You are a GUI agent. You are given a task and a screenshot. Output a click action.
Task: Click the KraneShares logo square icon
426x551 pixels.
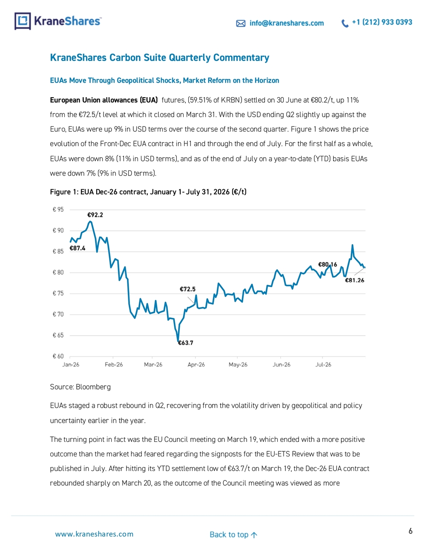click(x=23, y=21)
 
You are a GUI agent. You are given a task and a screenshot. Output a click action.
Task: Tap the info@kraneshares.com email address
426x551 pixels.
click(x=286, y=23)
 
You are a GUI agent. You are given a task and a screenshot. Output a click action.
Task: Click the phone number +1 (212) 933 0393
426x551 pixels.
click(x=382, y=22)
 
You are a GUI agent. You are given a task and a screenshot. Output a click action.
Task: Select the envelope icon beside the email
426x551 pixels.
click(x=241, y=23)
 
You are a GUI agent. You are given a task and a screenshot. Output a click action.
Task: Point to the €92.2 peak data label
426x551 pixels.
click(x=95, y=215)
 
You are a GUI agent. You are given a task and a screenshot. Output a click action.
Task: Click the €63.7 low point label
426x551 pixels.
click(x=185, y=343)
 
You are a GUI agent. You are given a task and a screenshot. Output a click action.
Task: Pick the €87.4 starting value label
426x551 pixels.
click(x=77, y=248)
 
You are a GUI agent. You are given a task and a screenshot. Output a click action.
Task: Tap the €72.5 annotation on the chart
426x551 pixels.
click(x=187, y=289)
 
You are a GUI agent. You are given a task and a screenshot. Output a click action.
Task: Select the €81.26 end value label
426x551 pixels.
click(x=354, y=280)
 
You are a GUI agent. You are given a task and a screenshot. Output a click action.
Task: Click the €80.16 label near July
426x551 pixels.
click(x=328, y=265)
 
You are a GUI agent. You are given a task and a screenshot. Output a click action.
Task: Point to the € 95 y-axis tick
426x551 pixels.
click(x=58, y=209)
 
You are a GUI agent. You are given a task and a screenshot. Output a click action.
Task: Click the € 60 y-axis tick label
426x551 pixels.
click(x=58, y=356)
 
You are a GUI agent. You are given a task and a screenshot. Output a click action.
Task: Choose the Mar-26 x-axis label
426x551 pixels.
click(x=153, y=365)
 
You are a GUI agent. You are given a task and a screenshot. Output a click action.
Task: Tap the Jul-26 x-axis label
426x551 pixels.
click(x=323, y=365)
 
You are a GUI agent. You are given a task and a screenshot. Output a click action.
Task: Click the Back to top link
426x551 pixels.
click(x=233, y=534)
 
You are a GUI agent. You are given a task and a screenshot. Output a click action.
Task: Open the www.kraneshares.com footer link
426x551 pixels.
click(x=94, y=534)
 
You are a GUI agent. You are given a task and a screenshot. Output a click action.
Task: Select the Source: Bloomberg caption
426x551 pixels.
click(x=81, y=387)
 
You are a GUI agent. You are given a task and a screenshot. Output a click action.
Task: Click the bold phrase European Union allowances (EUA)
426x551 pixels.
click(x=104, y=100)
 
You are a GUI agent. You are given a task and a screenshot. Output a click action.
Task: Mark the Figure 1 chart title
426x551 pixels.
click(x=148, y=192)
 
